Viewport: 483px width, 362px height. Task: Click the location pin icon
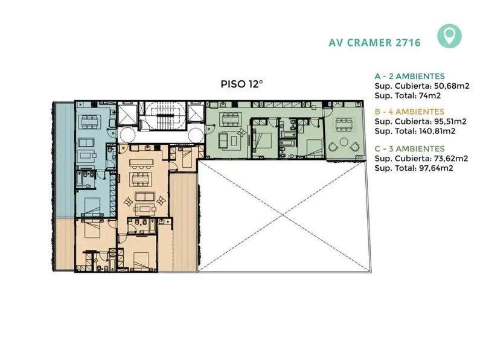pos(449,36)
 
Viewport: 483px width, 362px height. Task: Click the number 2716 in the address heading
pos(408,42)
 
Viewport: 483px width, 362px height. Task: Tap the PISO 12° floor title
pos(242,84)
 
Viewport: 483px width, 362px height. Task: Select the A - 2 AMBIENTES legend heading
pos(410,76)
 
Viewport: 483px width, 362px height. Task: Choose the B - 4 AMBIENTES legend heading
pos(409,112)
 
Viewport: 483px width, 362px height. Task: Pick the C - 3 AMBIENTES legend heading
pos(410,148)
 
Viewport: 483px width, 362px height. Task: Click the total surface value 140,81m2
pos(437,131)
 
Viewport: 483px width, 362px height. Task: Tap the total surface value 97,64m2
pos(436,168)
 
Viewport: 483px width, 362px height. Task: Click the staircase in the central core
pos(165,116)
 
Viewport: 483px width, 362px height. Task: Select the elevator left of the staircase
pos(127,114)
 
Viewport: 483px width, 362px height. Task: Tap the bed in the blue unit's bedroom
pos(92,206)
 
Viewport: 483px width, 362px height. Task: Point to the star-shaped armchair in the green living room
pos(242,133)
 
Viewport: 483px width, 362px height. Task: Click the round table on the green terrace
pos(344,142)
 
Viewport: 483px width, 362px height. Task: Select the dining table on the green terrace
pos(344,125)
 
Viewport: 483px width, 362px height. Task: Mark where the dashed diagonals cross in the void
pos(283,216)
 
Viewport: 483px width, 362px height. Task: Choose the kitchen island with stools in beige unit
pos(141,163)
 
